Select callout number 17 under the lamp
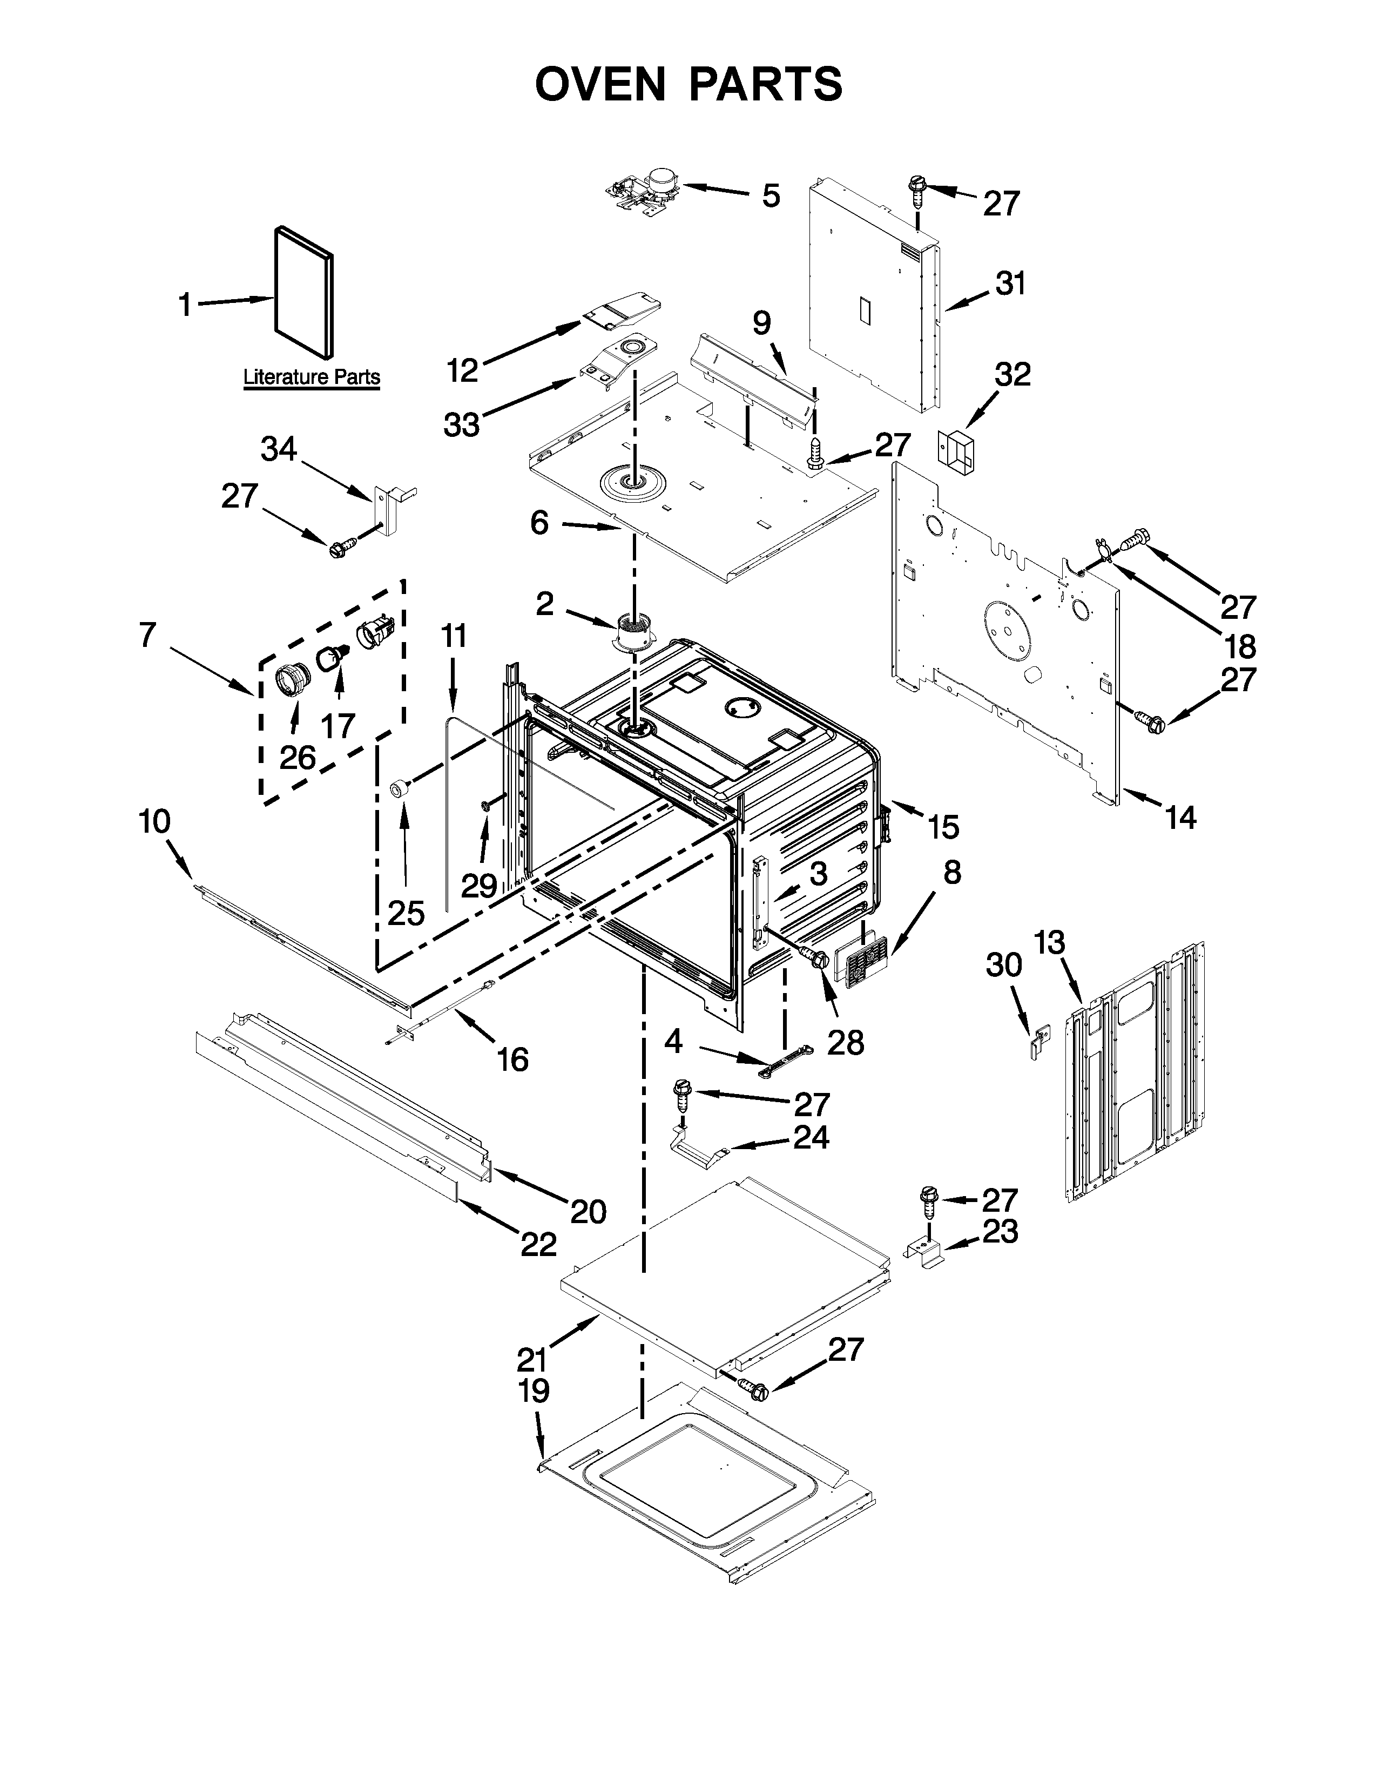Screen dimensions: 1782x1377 pos(337,725)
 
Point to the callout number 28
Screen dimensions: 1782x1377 pos(845,1042)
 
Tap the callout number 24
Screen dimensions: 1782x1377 pos(811,1137)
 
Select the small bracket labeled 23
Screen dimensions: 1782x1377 pos(923,1252)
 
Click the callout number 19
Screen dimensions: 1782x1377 pos(534,1391)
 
